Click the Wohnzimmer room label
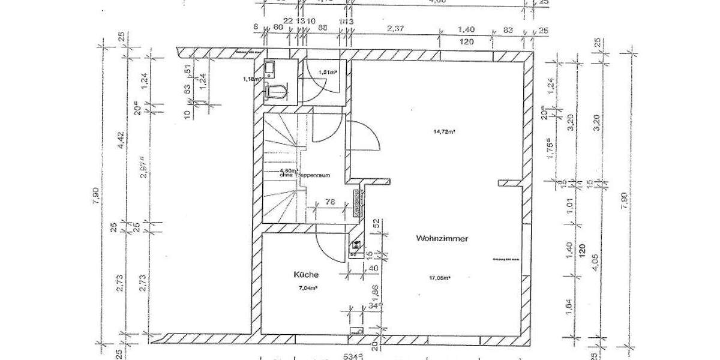(442, 238)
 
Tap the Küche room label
(306, 274)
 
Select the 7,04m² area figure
(308, 288)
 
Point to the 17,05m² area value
(440, 277)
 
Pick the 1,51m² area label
(327, 72)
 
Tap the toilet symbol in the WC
(274, 91)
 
